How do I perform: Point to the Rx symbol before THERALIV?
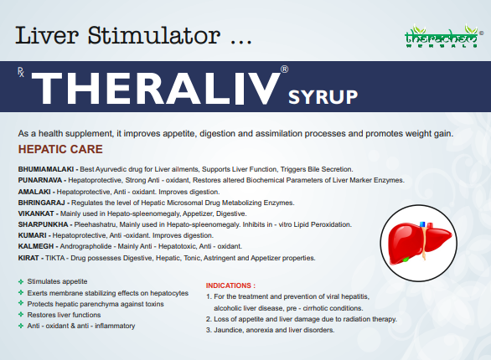(21, 74)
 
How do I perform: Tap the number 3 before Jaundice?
(209, 330)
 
